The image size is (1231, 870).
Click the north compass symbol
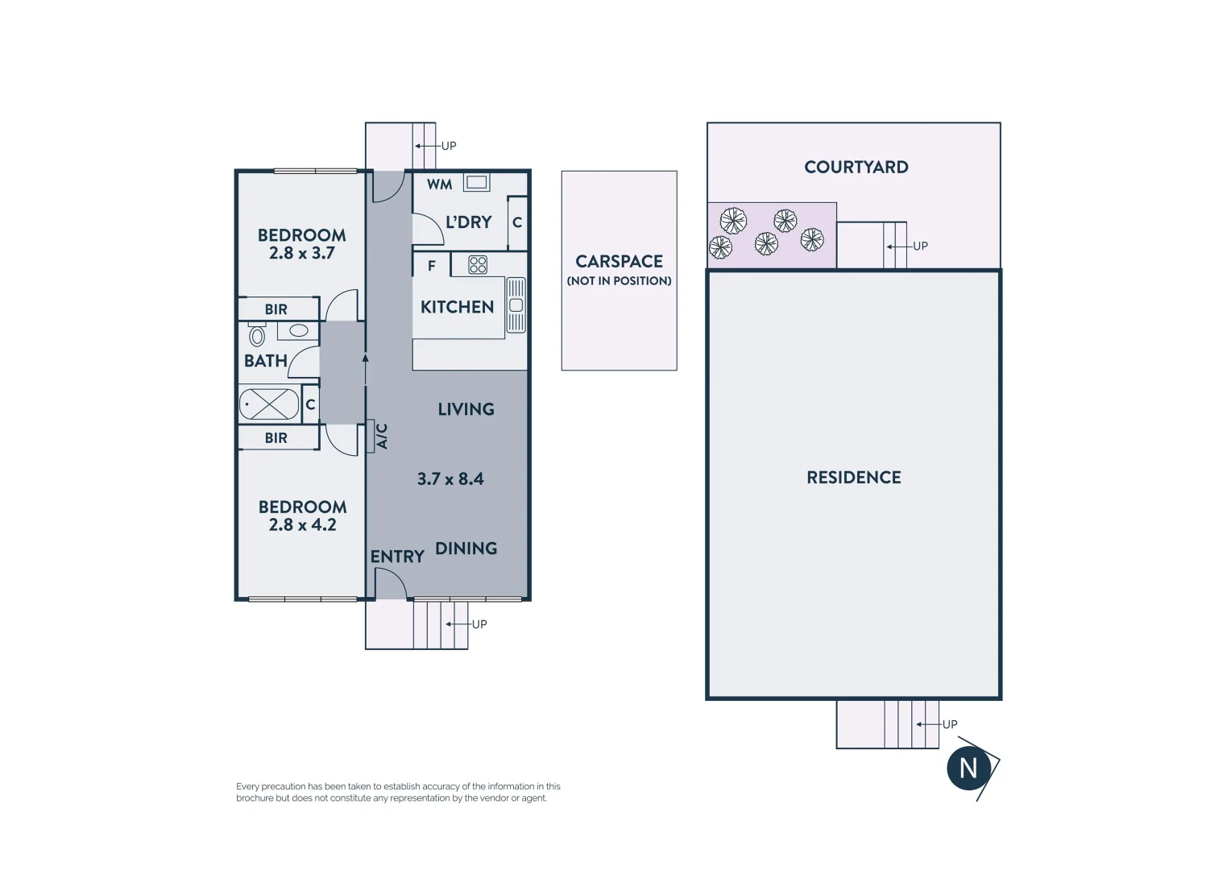click(969, 768)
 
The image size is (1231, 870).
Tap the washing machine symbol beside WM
click(476, 183)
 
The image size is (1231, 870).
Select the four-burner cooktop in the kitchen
click(478, 265)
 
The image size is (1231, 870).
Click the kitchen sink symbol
click(516, 305)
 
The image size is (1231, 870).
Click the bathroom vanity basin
click(299, 330)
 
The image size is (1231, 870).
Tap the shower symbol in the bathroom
click(268, 404)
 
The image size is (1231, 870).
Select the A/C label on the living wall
click(383, 436)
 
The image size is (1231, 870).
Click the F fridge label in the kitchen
click(432, 265)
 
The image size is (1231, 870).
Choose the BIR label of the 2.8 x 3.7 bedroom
click(276, 309)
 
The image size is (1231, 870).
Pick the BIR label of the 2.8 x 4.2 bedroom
click(276, 438)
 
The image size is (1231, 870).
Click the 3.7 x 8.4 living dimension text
click(450, 479)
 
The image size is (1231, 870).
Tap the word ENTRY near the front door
click(397, 557)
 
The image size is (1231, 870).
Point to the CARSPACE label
click(619, 262)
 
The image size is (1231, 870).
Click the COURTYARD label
click(856, 168)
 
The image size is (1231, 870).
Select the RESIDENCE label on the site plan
click(854, 478)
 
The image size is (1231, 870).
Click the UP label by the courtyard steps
click(920, 246)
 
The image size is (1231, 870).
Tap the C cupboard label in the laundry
click(517, 222)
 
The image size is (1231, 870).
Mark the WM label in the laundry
click(439, 184)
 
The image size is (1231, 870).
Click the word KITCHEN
click(457, 307)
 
